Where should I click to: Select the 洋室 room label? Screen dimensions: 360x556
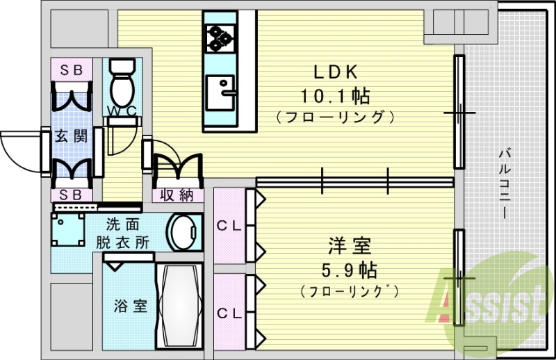350,246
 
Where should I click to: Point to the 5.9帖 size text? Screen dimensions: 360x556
349,269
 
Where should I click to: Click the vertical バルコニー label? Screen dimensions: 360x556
505,183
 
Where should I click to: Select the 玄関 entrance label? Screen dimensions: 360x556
72,136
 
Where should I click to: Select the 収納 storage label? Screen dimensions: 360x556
177,195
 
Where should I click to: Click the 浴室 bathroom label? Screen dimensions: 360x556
131,306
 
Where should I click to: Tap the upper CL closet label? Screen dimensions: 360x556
229,225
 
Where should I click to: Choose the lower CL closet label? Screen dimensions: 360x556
229,313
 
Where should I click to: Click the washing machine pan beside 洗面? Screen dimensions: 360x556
68,230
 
